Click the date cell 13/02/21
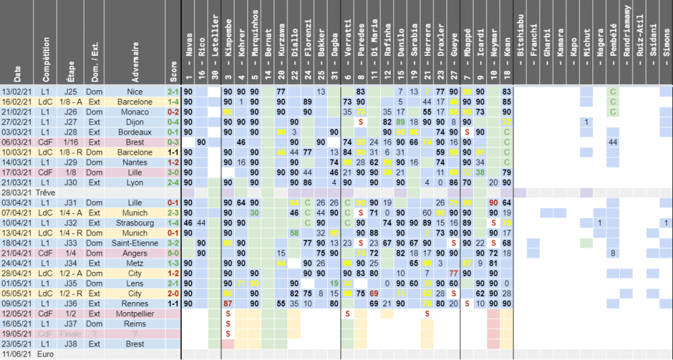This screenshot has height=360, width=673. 17,92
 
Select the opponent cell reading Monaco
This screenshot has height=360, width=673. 136,112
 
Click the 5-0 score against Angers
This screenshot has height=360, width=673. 173,252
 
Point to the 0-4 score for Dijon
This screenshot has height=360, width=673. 173,122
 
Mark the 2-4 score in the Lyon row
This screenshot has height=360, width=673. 173,182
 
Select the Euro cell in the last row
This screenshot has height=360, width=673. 46,353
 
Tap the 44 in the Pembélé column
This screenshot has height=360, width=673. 612,142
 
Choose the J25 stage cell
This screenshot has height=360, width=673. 71,92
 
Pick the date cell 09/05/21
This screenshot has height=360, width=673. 17,303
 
